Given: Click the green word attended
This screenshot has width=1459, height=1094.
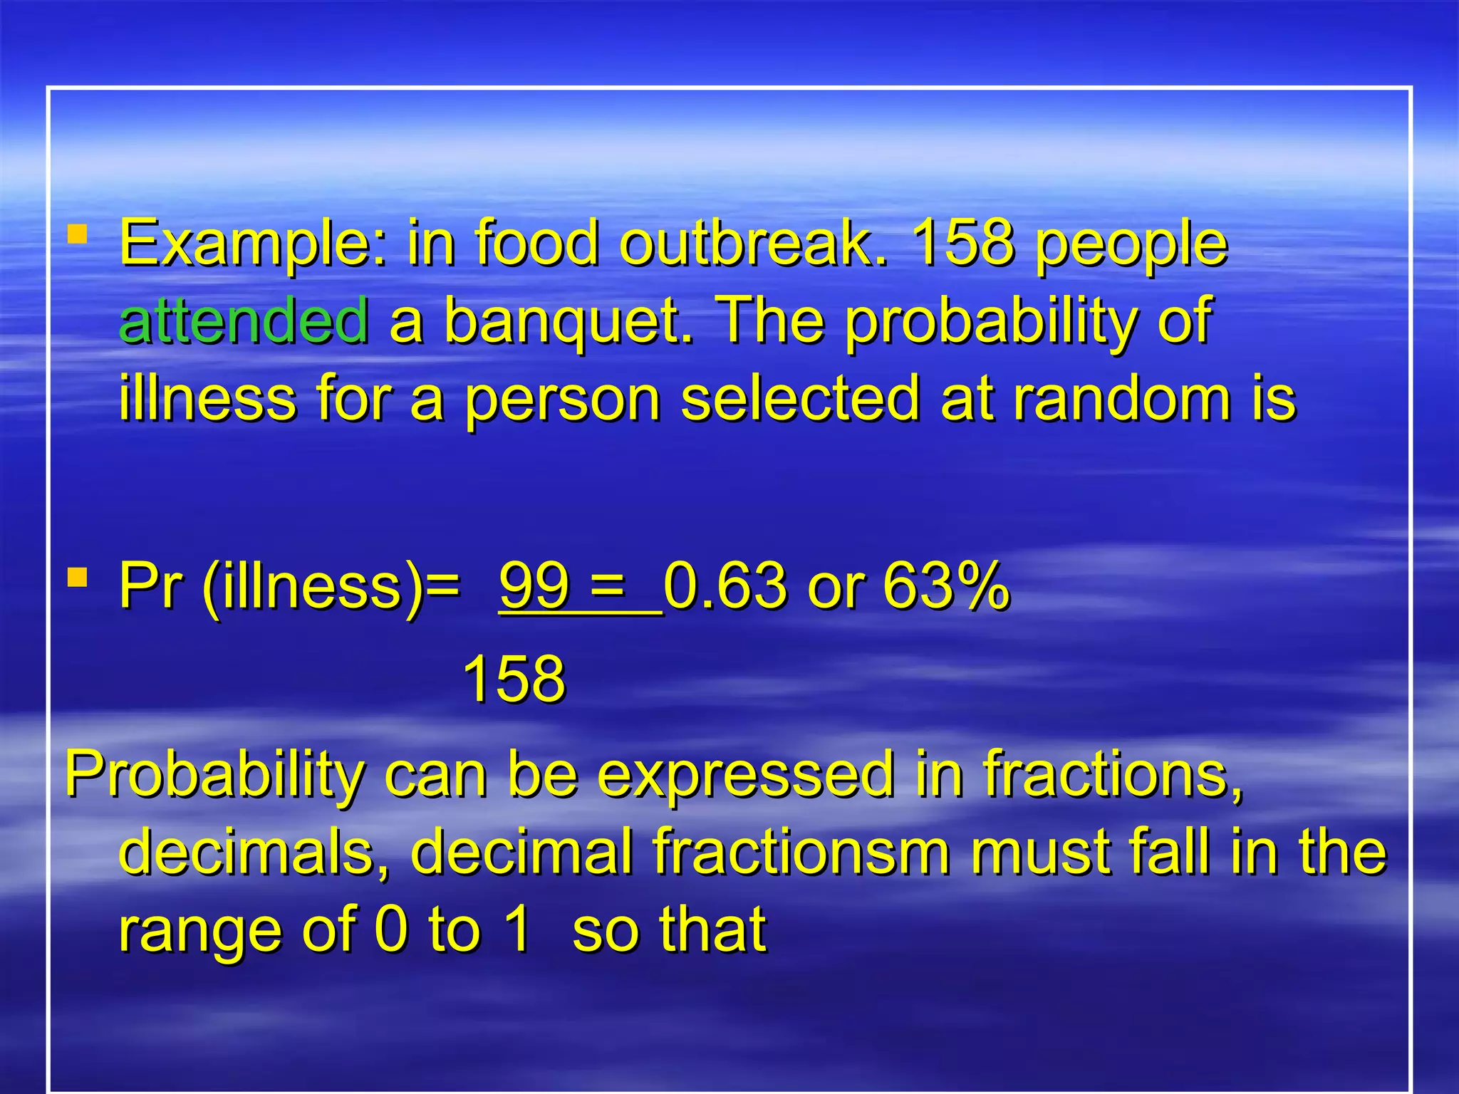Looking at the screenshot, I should [244, 320].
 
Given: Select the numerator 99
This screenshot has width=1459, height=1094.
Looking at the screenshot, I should [534, 585].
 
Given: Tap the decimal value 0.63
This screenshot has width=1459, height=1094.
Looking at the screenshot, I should [725, 585].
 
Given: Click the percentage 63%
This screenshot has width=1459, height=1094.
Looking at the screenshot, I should [945, 585].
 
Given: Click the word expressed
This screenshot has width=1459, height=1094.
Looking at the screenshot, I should [745, 773].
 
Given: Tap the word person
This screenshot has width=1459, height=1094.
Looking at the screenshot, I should [563, 399].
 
